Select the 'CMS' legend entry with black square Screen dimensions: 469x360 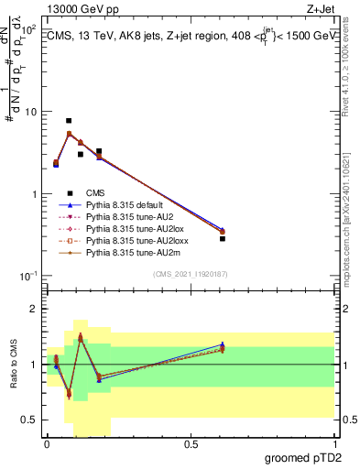tap(95, 193)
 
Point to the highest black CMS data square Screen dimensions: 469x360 tap(69, 121)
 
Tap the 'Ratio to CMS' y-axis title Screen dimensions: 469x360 tap(12, 365)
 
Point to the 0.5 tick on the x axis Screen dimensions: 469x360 tap(191, 444)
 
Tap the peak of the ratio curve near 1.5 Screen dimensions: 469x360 tap(81, 336)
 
